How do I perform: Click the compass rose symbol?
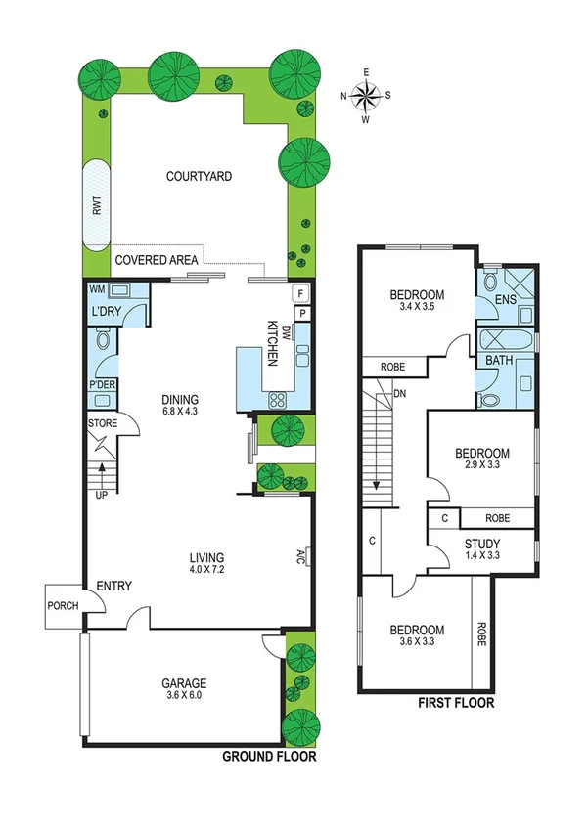pos(366,96)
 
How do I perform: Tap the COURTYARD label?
pos(199,177)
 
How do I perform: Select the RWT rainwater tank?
pos(97,205)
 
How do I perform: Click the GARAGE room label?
pos(186,683)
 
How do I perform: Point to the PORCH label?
pos(63,604)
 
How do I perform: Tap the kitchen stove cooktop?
pos(277,399)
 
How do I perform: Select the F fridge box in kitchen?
pos(301,292)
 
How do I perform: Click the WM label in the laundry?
pos(97,290)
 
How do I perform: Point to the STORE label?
pos(103,424)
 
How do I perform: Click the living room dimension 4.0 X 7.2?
pos(213,572)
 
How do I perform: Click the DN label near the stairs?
pos(399,394)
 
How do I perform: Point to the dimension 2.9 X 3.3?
pos(482,467)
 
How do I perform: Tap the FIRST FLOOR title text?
pos(455,703)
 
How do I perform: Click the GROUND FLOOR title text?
pos(269,757)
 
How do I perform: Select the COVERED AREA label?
pos(157,260)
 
